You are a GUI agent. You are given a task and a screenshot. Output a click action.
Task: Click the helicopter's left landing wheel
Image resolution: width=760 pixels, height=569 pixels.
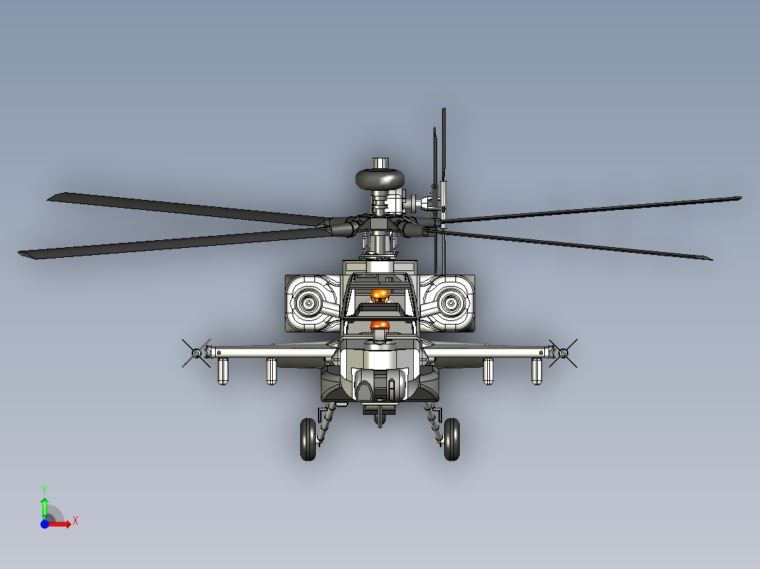[x=308, y=439]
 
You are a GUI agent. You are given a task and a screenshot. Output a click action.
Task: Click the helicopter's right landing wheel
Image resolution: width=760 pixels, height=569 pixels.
[x=452, y=439]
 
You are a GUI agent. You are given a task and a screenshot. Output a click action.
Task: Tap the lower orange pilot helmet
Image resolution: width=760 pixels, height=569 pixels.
[x=380, y=325]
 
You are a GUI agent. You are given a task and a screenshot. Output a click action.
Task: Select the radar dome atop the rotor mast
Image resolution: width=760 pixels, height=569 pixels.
[x=380, y=179]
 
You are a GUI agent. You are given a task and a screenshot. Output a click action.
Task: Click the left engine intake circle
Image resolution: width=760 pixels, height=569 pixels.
[x=308, y=303]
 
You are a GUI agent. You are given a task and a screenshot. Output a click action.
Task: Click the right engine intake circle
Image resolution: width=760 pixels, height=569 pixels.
[x=451, y=303]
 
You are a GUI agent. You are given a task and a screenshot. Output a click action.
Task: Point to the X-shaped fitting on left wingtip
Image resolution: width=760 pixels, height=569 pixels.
[x=196, y=353]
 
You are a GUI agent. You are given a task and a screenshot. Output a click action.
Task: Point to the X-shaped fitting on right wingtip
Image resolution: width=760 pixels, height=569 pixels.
[x=563, y=353]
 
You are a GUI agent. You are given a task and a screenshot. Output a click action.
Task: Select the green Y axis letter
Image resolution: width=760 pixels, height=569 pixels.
[x=44, y=490]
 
